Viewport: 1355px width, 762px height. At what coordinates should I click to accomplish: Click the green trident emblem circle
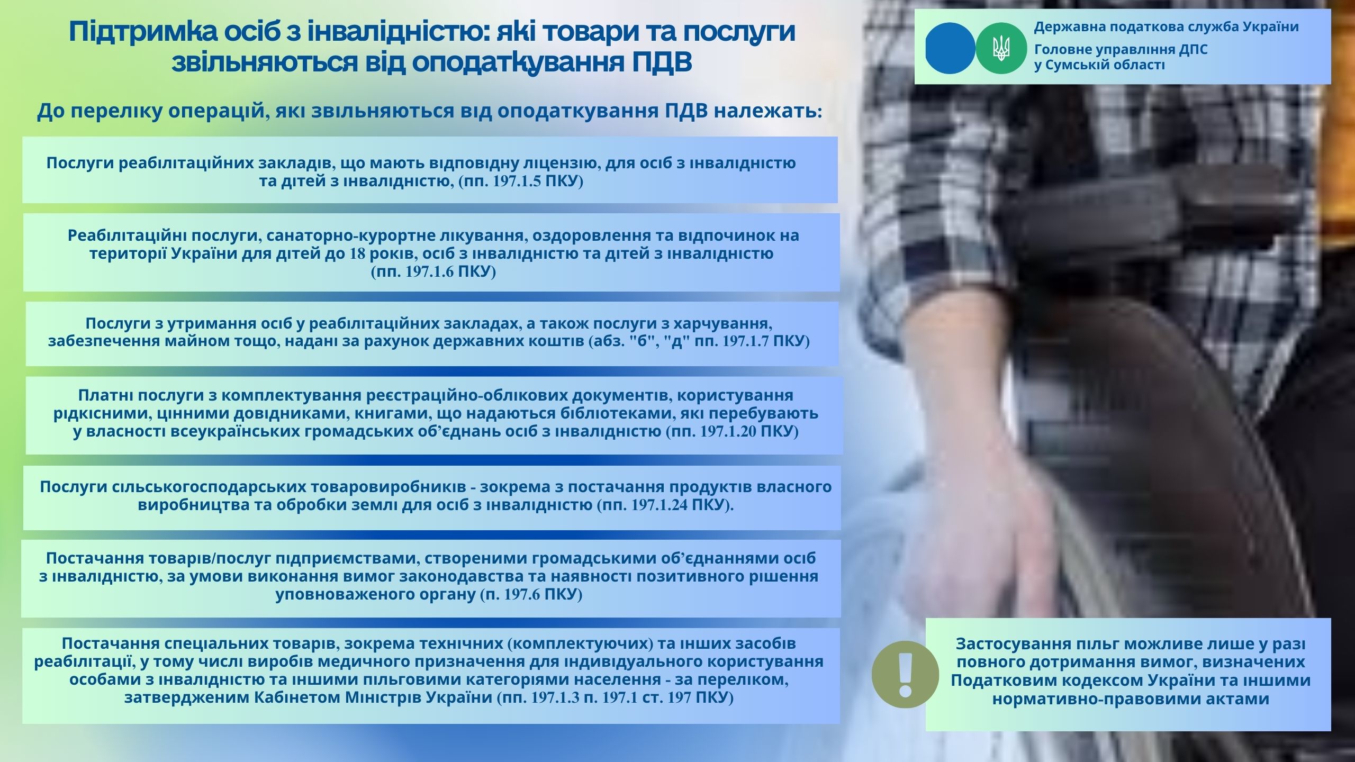1001,48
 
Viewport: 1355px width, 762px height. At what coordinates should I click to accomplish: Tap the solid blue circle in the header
951,48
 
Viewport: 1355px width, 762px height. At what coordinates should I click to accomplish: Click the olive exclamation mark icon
905,675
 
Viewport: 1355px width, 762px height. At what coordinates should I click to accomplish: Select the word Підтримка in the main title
142,32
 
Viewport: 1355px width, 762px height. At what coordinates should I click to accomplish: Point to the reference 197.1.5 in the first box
517,182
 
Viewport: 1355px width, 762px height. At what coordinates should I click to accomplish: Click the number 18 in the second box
357,253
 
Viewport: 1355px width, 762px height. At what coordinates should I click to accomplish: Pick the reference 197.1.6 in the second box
430,272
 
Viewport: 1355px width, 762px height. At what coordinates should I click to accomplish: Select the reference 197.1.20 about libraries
728,432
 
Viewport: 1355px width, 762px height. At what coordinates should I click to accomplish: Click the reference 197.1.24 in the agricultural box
660,505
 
